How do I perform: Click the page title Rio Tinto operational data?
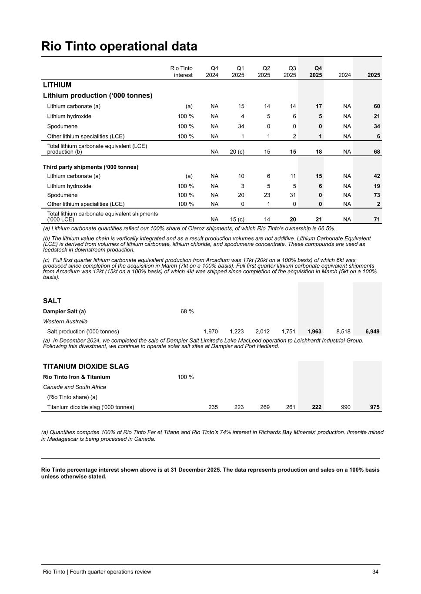coord(119,46)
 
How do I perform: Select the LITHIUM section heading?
coord(57,85)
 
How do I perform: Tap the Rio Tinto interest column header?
coord(181,72)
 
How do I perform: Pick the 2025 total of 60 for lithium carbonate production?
coord(377,106)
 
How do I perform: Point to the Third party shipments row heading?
coord(90,167)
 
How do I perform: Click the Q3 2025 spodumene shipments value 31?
coord(293,195)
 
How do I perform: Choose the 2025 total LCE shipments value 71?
coord(377,219)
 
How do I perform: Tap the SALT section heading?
coord(52,301)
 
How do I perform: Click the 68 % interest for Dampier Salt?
coord(187,312)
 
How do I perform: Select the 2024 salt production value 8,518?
coord(343,332)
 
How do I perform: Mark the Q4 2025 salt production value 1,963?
coord(314,332)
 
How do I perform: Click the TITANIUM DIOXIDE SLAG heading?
coord(86,366)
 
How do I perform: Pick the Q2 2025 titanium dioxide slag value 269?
coord(264,407)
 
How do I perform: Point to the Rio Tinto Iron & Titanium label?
coord(77,377)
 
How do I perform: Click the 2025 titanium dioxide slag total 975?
coord(375,407)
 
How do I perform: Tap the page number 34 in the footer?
coord(375,572)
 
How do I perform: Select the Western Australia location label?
coord(65,322)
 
